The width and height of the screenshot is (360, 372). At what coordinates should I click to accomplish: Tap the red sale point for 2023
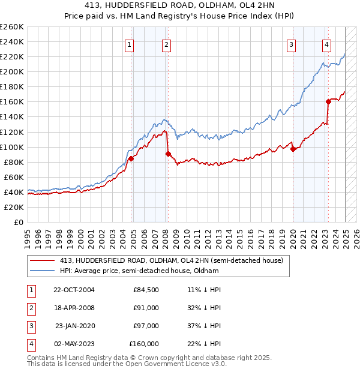tap(328, 101)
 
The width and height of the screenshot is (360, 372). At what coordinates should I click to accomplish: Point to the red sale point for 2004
tap(131, 158)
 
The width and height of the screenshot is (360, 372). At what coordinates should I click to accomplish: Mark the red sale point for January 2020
tap(293, 149)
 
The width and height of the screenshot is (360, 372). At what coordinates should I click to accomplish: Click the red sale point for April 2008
tap(168, 154)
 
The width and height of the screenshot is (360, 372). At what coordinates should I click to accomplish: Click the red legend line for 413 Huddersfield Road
tap(43, 260)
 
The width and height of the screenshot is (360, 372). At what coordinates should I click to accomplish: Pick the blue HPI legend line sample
tap(43, 271)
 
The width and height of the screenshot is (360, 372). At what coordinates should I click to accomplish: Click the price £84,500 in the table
tap(146, 289)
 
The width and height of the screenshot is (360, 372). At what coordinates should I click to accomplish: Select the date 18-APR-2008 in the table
tap(74, 307)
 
